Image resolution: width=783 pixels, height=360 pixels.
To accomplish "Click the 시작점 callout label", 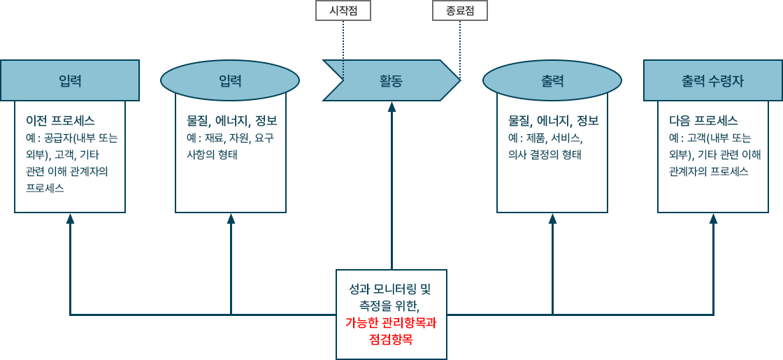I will tap(343, 10).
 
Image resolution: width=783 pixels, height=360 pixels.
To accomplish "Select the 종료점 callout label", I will tap(460, 10).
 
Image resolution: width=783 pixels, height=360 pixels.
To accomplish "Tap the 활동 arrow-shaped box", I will tap(391, 80).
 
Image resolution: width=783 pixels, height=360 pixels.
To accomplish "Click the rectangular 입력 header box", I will tap(70, 80).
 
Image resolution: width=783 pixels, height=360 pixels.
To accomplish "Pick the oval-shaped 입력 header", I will tap(230, 80).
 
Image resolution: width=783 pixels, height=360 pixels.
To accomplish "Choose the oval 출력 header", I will tap(552, 80).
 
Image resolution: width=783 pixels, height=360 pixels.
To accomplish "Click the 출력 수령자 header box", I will tap(712, 80).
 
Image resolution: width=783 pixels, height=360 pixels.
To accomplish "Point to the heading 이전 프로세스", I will tap(60, 120).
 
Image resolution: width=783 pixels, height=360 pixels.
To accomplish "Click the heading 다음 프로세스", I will tap(703, 120).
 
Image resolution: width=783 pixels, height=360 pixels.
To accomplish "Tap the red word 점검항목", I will tap(391, 340).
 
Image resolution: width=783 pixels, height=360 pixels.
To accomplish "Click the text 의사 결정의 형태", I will tap(545, 154).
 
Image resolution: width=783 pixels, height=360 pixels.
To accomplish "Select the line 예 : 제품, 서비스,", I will tap(545, 138).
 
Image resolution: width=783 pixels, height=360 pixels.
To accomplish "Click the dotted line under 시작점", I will tap(343, 42).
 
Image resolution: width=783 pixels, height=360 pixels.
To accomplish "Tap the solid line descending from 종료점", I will tap(460, 45).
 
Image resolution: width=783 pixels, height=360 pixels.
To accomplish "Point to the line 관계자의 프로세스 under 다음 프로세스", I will tap(709, 171).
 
